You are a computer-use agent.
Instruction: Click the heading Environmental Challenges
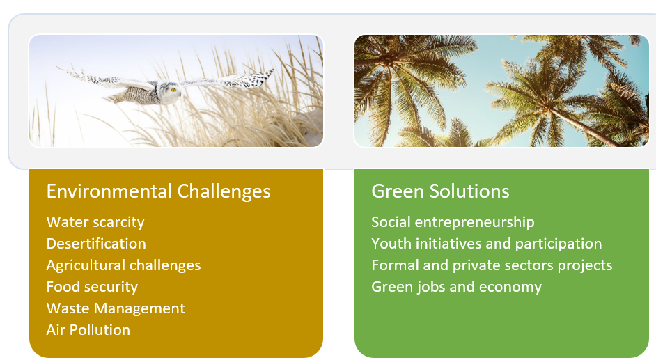tap(159, 191)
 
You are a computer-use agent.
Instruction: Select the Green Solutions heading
tap(440, 191)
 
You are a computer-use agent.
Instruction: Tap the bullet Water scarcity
tap(95, 222)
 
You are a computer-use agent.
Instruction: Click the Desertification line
tap(96, 243)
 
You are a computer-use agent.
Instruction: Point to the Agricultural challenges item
tap(123, 265)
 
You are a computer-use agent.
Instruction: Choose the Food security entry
tap(92, 287)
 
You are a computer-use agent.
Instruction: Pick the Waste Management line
tap(116, 308)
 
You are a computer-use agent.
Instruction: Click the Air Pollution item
tap(88, 330)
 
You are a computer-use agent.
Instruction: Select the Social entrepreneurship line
tap(453, 222)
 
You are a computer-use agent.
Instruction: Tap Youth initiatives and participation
tap(487, 244)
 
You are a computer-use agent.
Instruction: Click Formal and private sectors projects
tap(492, 265)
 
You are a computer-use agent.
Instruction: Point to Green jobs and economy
tap(456, 288)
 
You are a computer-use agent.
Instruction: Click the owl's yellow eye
tap(173, 89)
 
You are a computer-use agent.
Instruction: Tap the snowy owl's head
tap(169, 92)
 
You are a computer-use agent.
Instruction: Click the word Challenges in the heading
tap(224, 191)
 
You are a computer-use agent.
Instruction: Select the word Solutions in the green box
tap(469, 191)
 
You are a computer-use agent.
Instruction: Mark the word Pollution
tap(100, 330)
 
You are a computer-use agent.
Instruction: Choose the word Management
tap(139, 308)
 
